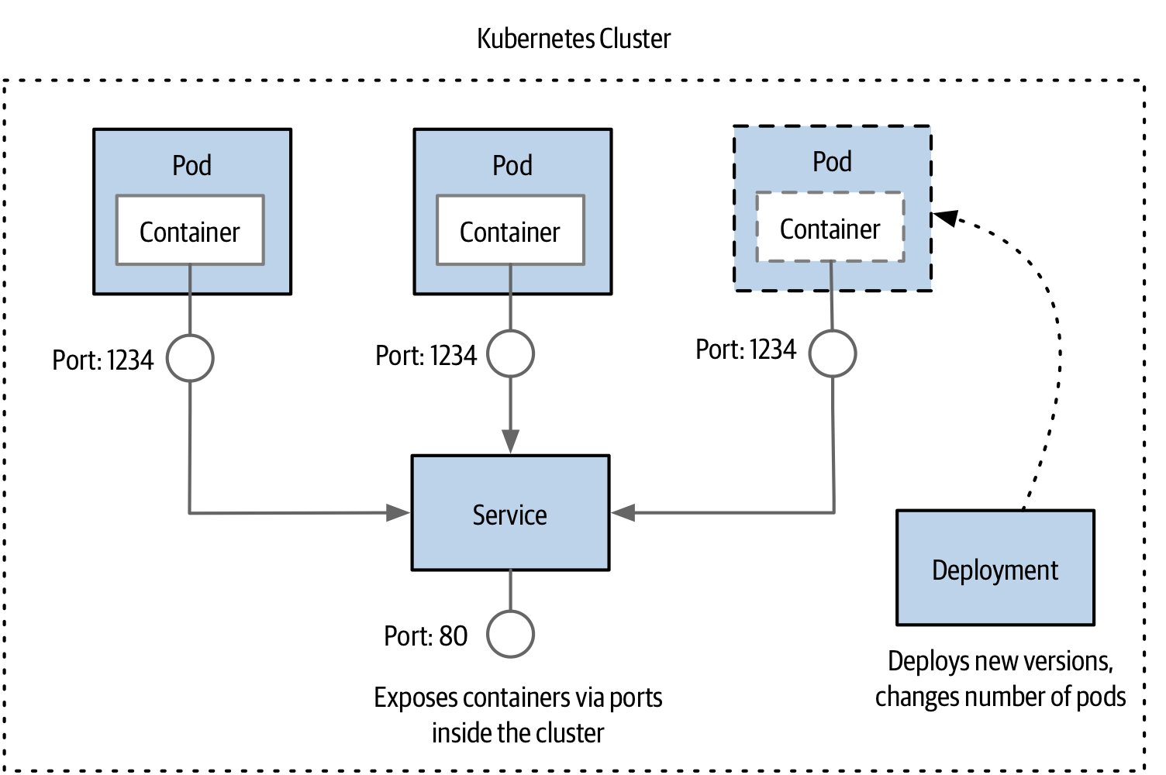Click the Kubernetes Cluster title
[574, 39]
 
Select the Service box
[511, 513]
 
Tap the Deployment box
[995, 568]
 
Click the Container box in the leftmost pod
[190, 230]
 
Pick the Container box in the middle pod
[511, 230]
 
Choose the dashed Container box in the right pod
[830, 227]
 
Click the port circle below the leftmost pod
[190, 359]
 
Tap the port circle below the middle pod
[511, 353]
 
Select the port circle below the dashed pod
[833, 353]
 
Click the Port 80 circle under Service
[511, 635]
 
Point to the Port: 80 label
[426, 635]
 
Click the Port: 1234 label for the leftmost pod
[103, 360]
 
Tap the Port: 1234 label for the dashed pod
[746, 349]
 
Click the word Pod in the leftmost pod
[192, 166]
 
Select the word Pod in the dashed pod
[833, 161]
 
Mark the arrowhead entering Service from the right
[623, 513]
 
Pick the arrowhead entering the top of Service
[511, 442]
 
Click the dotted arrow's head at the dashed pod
[945, 218]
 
